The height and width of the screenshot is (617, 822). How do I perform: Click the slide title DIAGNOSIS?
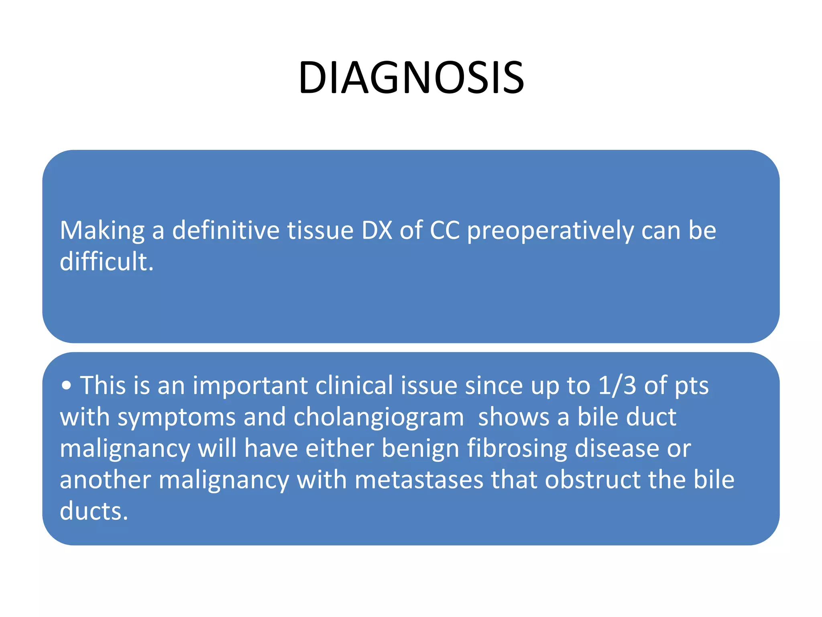(411, 78)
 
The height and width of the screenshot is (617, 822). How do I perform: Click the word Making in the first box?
(102, 231)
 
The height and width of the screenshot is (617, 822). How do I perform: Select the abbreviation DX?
(376, 231)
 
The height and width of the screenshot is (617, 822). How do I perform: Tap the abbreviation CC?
(444, 231)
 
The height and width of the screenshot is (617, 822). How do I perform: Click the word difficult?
(106, 262)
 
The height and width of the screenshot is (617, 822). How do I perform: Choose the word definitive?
(226, 231)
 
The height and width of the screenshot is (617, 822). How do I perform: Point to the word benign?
(420, 449)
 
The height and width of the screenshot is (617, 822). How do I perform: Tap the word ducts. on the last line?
(94, 511)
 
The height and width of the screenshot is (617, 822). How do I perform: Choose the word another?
(105, 480)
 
